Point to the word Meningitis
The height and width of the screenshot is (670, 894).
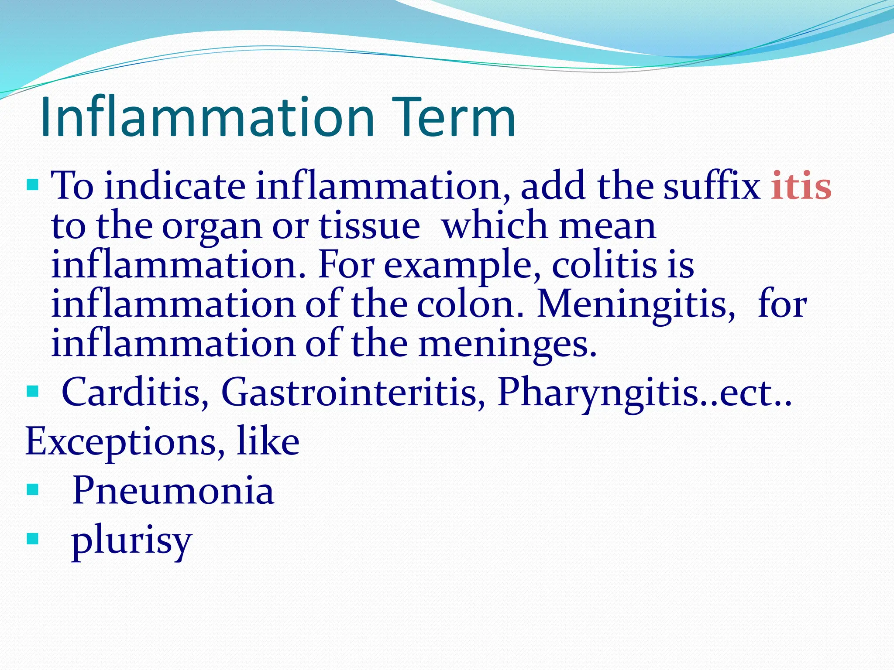tap(636, 304)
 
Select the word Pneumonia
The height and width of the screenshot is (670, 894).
tap(173, 490)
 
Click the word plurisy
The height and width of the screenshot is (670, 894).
tap(131, 541)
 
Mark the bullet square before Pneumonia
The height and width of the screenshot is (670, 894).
tap(33, 490)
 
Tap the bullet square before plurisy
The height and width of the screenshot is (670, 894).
tap(33, 539)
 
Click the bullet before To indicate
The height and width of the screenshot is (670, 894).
tap(33, 185)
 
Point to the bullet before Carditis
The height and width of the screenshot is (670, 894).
tap(33, 391)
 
